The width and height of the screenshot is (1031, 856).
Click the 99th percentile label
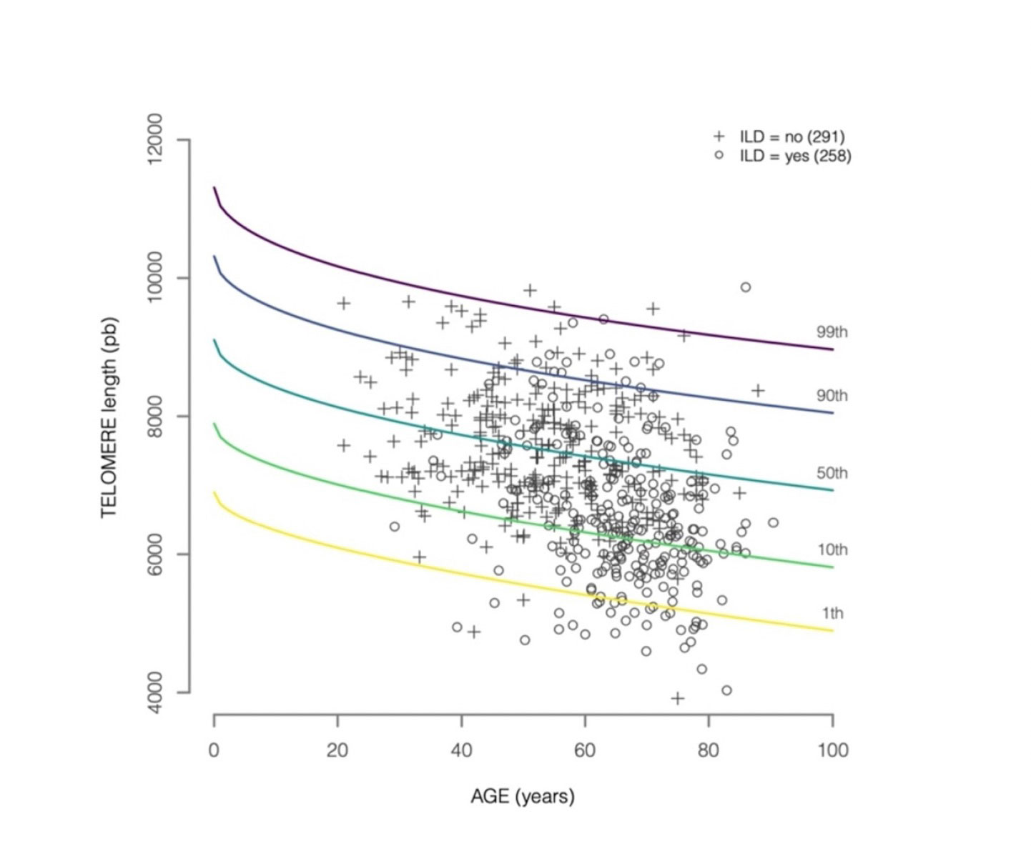pyautogui.click(x=832, y=332)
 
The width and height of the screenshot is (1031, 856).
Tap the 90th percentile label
pyautogui.click(x=832, y=395)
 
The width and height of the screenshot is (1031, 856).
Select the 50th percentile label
pyautogui.click(x=832, y=473)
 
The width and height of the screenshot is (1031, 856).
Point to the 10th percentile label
pyautogui.click(x=832, y=549)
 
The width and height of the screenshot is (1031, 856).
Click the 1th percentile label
pyautogui.click(x=832, y=613)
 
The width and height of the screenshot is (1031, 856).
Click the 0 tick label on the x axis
pyautogui.click(x=214, y=750)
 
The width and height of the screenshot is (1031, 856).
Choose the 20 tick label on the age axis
pyautogui.click(x=337, y=750)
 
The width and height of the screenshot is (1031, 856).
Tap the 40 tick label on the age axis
pyautogui.click(x=461, y=750)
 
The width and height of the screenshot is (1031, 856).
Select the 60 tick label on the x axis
pyautogui.click(x=585, y=750)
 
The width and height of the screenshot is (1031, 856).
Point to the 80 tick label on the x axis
pyautogui.click(x=709, y=750)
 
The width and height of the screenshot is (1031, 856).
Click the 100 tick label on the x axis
pyautogui.click(x=832, y=750)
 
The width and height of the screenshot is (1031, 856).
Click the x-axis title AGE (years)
pyautogui.click(x=523, y=796)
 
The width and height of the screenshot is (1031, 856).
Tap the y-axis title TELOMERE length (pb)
pyautogui.click(x=109, y=418)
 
